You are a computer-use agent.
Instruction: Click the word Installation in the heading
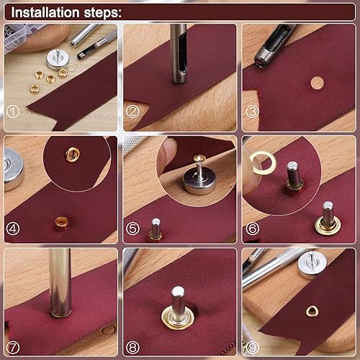[45, 12]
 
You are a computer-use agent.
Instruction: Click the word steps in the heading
[101, 13]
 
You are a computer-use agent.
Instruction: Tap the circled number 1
[12, 112]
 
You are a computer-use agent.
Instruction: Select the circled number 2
[132, 112]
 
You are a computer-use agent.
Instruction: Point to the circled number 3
[253, 112]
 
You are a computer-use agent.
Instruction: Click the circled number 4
[12, 229]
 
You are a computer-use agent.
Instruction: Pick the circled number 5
[132, 229]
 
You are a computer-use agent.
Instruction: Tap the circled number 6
[253, 229]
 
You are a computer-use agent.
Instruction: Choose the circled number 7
[12, 348]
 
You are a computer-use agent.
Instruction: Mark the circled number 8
[132, 348]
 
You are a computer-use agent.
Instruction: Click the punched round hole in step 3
[317, 83]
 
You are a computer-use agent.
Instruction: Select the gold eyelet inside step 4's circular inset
[72, 154]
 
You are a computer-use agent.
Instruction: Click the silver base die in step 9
[312, 264]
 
